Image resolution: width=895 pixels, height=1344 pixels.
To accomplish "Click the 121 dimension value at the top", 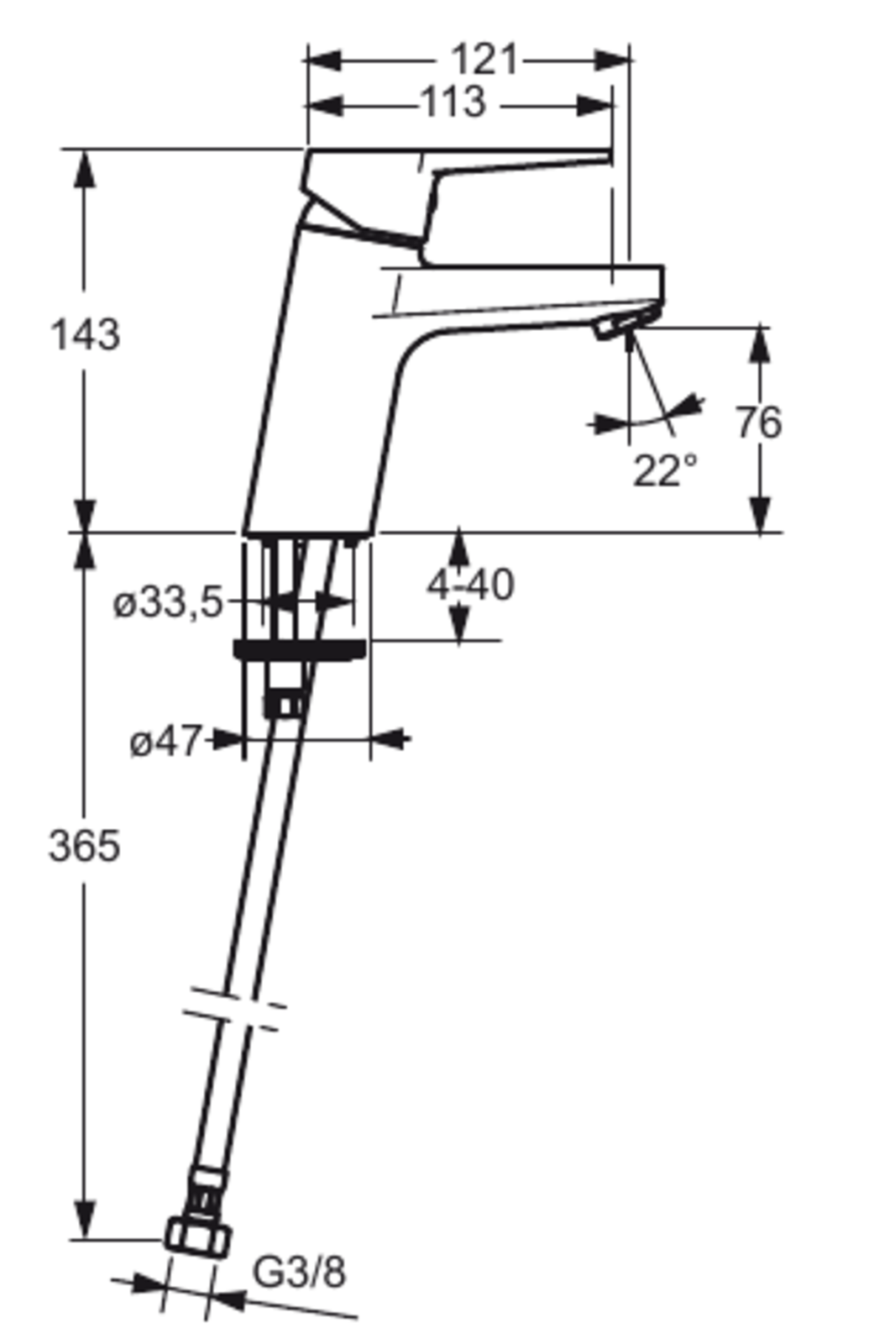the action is coord(483,60).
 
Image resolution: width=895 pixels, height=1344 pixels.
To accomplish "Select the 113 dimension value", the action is coord(454,102).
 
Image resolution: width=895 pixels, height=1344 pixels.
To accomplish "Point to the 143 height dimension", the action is coord(85,335).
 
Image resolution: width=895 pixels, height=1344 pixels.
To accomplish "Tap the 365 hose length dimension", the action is coord(84,847).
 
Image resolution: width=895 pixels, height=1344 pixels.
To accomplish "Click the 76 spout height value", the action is coord(759,423).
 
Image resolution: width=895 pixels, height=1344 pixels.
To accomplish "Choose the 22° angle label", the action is coord(665,471).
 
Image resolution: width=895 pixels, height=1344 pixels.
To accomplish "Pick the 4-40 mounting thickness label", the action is coord(471,585).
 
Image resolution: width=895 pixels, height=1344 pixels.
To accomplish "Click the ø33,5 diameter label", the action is coord(169,603).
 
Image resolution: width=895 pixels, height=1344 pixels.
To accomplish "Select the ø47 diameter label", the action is coord(165,742).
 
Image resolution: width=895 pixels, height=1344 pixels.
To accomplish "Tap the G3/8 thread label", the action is coord(300,1272).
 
